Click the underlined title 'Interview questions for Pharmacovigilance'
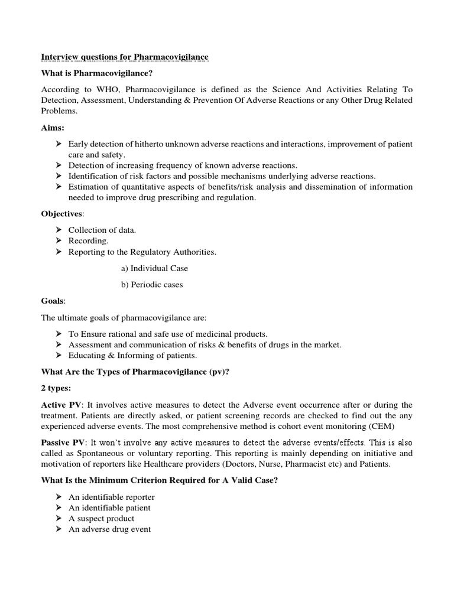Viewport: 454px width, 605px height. pos(124,57)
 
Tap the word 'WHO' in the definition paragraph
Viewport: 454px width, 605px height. pos(105,89)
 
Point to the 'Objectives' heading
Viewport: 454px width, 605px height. pos(61,213)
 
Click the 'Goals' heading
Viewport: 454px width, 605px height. pos(53,301)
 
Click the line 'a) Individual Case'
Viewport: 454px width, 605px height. pos(154,268)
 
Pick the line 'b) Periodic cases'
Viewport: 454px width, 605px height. pos(152,285)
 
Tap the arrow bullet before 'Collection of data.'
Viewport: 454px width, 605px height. pos(59,230)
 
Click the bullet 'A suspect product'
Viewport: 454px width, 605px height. pos(101,519)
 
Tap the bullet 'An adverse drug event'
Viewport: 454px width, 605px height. pos(109,529)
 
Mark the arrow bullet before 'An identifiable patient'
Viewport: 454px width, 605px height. pos(59,508)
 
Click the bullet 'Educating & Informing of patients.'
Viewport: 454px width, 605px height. pos(132,356)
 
